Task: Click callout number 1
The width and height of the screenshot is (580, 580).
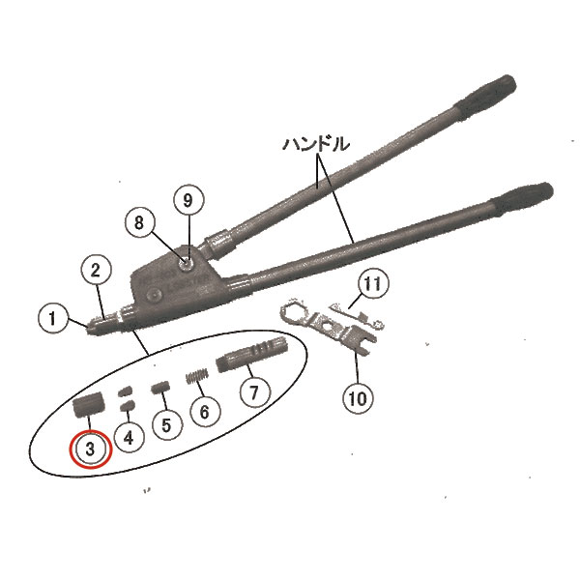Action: pyautogui.click(x=53, y=318)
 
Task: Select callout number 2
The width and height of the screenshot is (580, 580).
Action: pyautogui.click(x=96, y=271)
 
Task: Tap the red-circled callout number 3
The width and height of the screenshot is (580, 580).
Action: pyautogui.click(x=91, y=449)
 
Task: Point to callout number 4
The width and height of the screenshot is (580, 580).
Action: pyautogui.click(x=129, y=438)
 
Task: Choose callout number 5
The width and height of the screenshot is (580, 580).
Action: pyautogui.click(x=166, y=425)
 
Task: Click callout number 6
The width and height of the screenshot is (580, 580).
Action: pyautogui.click(x=205, y=412)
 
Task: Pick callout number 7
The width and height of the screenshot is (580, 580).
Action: pyautogui.click(x=254, y=391)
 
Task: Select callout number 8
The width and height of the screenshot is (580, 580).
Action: pyautogui.click(x=138, y=222)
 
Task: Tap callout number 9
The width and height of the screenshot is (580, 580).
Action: pyautogui.click(x=188, y=200)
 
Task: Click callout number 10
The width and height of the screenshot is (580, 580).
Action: pyautogui.click(x=358, y=398)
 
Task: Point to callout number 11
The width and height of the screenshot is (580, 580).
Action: pyautogui.click(x=373, y=283)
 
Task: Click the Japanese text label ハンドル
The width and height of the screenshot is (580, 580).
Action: pyautogui.click(x=316, y=144)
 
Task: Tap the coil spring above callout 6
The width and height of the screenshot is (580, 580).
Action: pyautogui.click(x=196, y=377)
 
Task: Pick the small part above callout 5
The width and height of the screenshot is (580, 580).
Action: pyautogui.click(x=160, y=388)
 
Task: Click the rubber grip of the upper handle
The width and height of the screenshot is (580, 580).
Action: pyautogui.click(x=484, y=98)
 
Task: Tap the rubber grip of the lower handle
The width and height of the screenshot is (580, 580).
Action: pyautogui.click(x=523, y=200)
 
